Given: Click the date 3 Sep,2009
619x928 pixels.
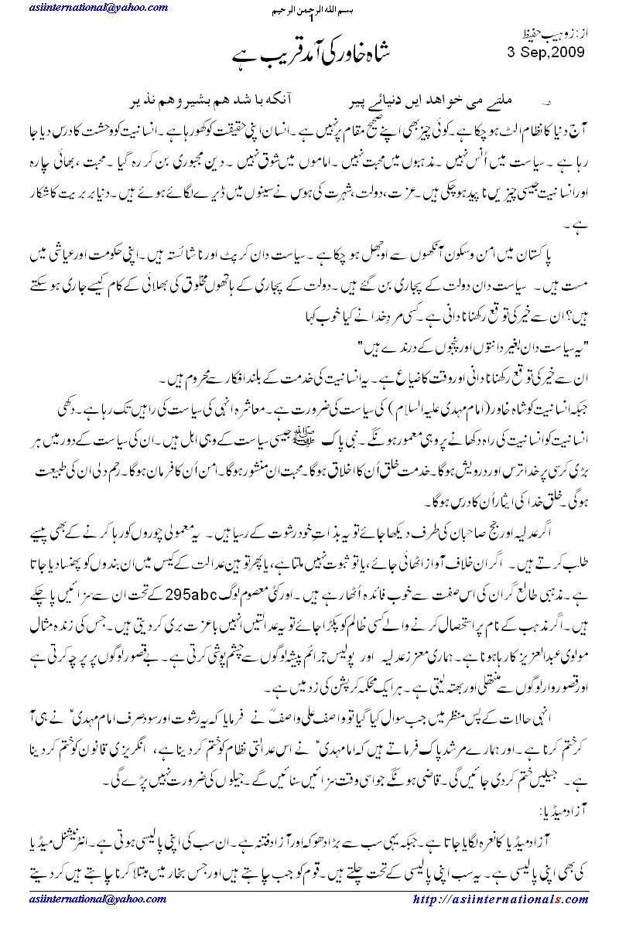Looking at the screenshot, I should pyautogui.click(x=546, y=52).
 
